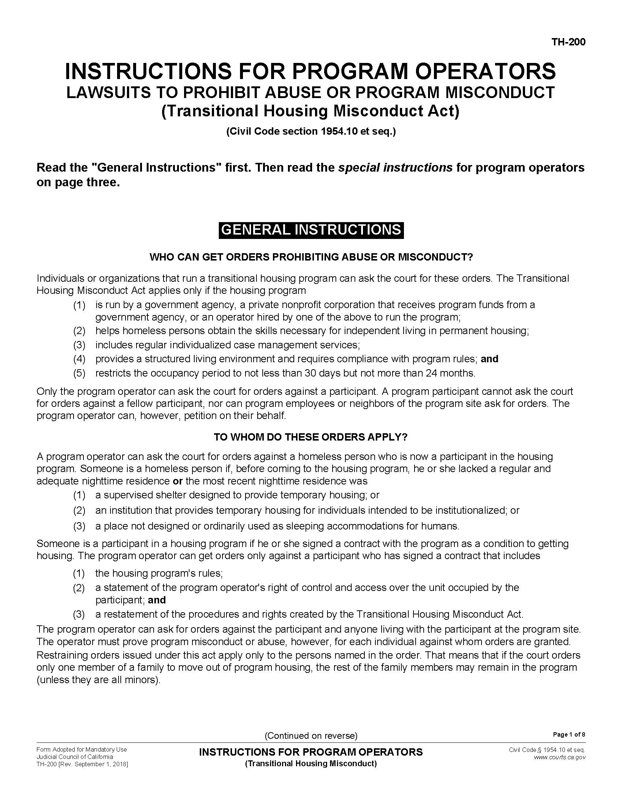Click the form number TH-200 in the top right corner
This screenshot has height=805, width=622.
(x=568, y=42)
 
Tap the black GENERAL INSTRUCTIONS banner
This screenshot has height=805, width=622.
(x=311, y=230)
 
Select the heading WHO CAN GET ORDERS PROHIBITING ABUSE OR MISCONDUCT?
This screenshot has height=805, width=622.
(x=311, y=257)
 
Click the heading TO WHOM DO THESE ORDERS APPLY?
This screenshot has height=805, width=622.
(x=311, y=437)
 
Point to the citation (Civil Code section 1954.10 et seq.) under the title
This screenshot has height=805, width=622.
(x=311, y=131)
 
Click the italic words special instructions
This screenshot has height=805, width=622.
(x=396, y=168)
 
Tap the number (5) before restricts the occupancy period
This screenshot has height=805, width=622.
(x=79, y=373)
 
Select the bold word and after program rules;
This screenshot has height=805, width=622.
(x=489, y=359)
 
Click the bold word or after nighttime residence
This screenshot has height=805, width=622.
(x=177, y=481)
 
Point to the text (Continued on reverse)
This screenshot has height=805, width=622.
(x=311, y=736)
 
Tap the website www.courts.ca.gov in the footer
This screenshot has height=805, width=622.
(x=559, y=757)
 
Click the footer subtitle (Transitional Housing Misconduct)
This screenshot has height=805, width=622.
(x=311, y=764)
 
